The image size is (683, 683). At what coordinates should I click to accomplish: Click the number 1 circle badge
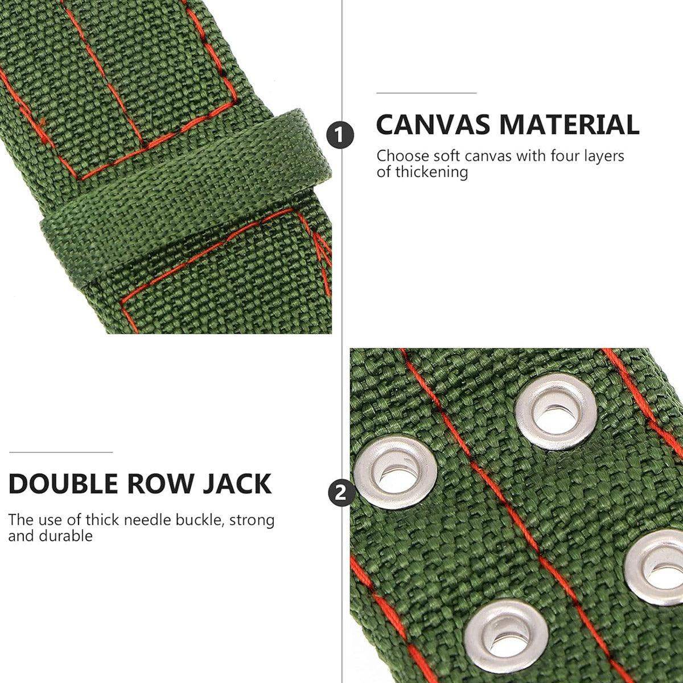pyautogui.click(x=340, y=135)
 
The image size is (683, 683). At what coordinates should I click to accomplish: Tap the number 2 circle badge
pyautogui.click(x=341, y=493)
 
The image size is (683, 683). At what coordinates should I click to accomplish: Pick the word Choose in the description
pyautogui.click(x=401, y=156)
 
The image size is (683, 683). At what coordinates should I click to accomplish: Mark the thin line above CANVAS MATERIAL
pyautogui.click(x=426, y=93)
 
